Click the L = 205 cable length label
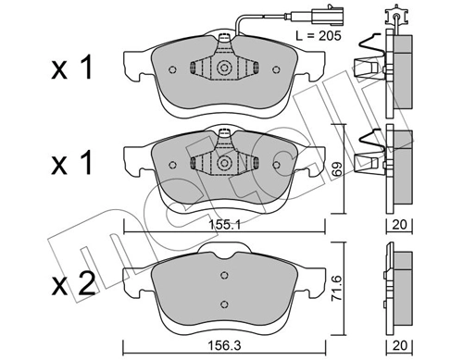[319, 36]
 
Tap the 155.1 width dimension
[224, 225]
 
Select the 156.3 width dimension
[224, 345]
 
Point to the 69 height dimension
[338, 168]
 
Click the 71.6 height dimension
[338, 288]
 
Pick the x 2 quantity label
[73, 284]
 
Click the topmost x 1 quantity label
[72, 67]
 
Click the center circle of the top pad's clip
[224, 68]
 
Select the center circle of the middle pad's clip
[224, 163]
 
